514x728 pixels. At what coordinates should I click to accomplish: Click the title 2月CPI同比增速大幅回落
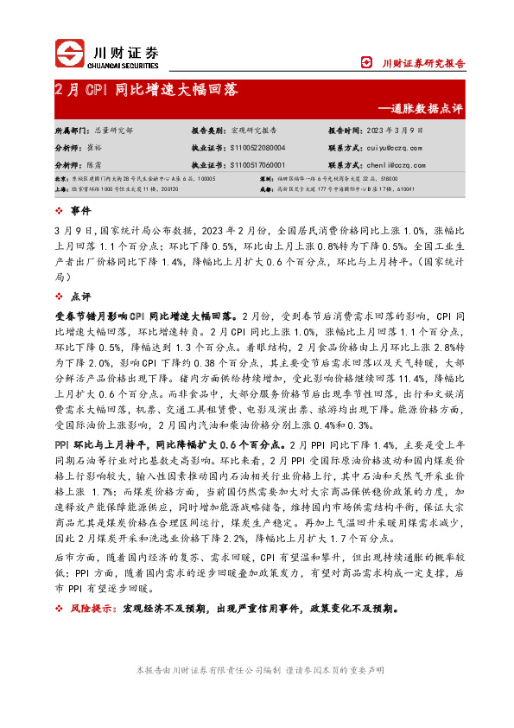pos(147,90)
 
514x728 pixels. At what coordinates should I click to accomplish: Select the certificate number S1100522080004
pos(258,148)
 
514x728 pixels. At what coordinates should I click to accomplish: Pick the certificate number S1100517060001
pos(258,164)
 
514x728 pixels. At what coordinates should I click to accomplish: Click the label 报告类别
pos(208,129)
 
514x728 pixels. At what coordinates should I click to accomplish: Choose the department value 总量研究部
pos(113,129)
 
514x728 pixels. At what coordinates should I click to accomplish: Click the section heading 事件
pos(80,210)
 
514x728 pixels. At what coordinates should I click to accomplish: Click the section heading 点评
pos(80,297)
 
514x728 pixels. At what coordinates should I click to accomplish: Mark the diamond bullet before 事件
pos(58,210)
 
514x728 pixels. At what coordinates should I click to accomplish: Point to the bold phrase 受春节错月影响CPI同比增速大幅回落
pos(146,317)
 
